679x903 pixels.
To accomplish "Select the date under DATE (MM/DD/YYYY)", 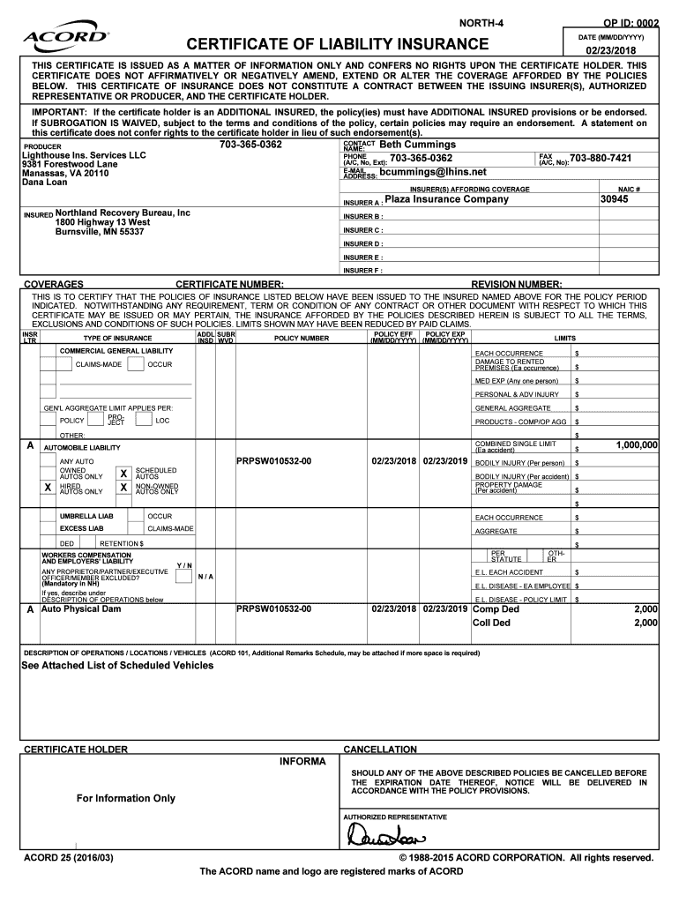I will pos(616,50).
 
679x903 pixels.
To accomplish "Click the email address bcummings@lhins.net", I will pos(432,172).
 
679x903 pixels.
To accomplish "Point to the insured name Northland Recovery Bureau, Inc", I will pos(123,213).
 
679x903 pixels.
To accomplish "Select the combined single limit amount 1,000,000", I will pos(636,445).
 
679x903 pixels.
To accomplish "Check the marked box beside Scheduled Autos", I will pos(124,474).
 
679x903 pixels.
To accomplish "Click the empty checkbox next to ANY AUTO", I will pos(48,460).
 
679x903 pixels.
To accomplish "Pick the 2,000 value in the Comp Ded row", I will pos(645,609).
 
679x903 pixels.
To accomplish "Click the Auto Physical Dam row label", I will pos(80,609).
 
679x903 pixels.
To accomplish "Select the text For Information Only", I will pos(125,798).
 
